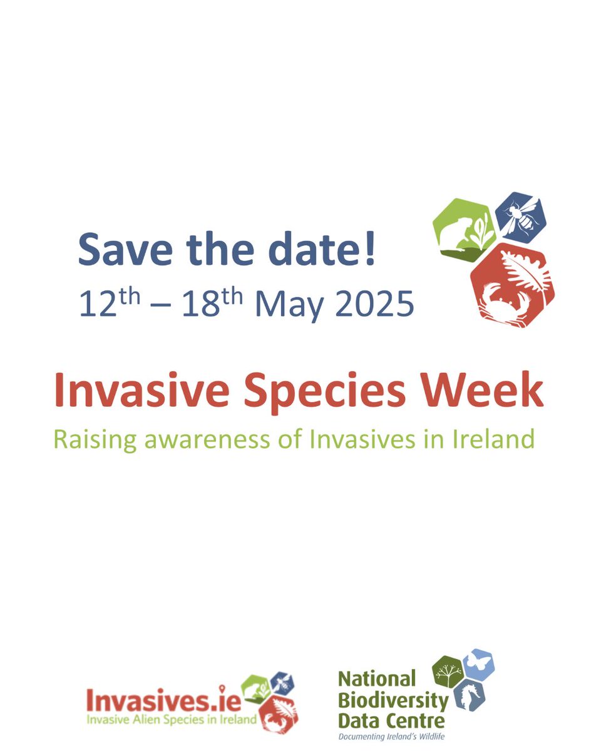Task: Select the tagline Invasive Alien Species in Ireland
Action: [x=171, y=719]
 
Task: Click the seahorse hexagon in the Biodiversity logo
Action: [x=470, y=695]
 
